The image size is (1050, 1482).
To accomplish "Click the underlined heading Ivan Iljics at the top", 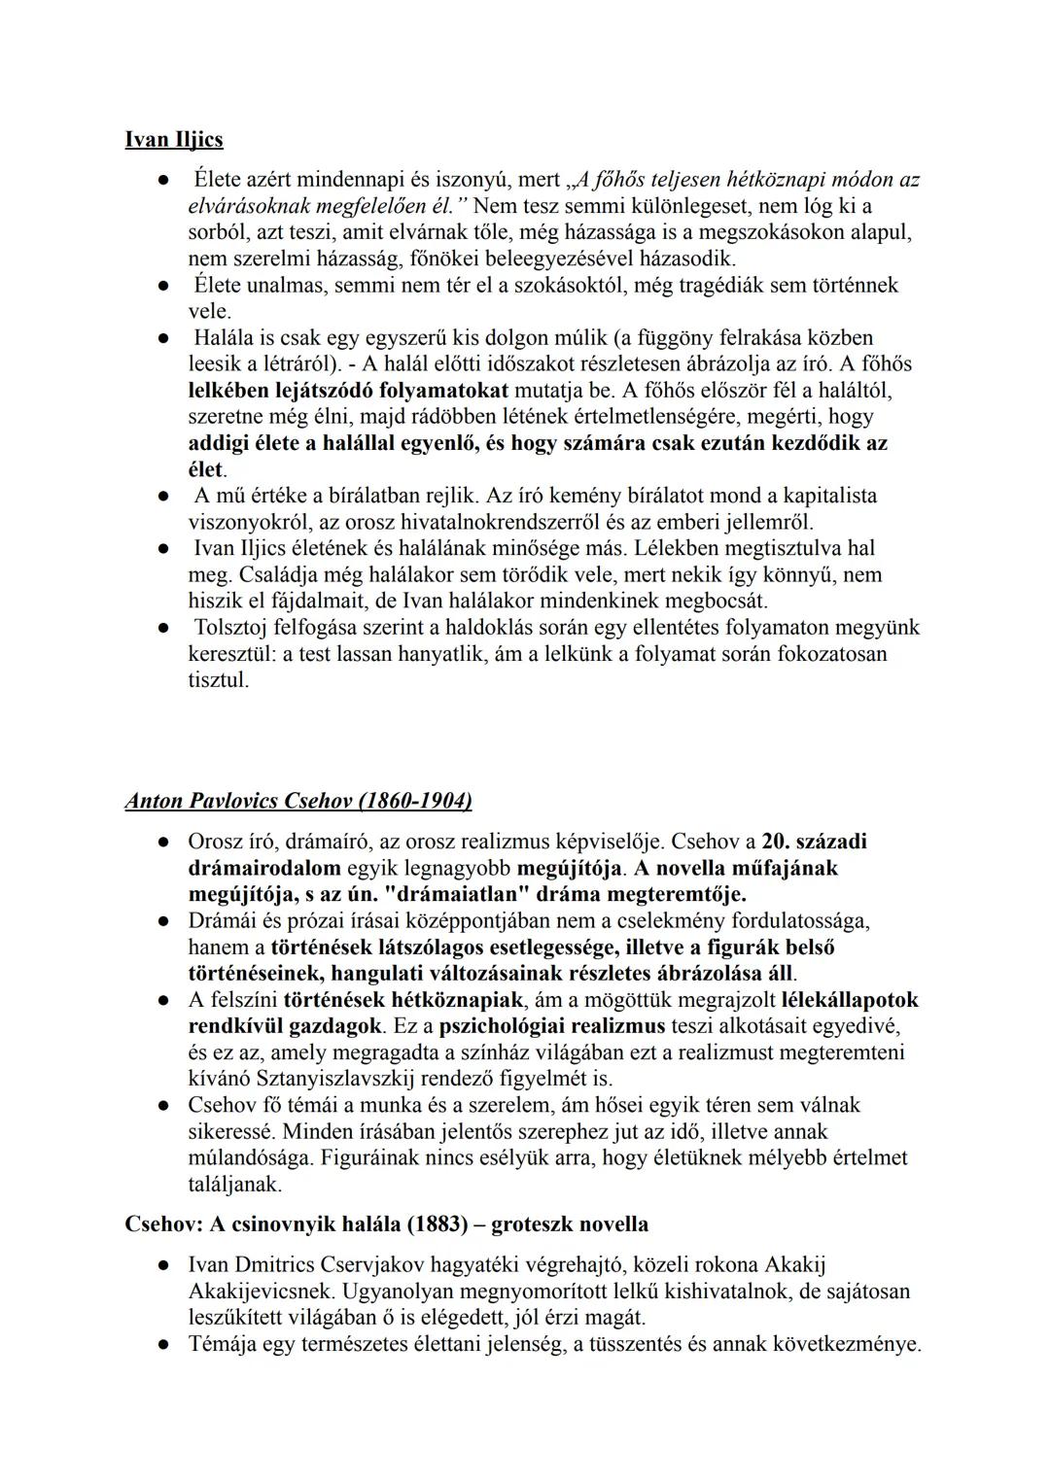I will pos(174,140).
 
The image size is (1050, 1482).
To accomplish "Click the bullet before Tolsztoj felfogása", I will pos(166,629).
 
